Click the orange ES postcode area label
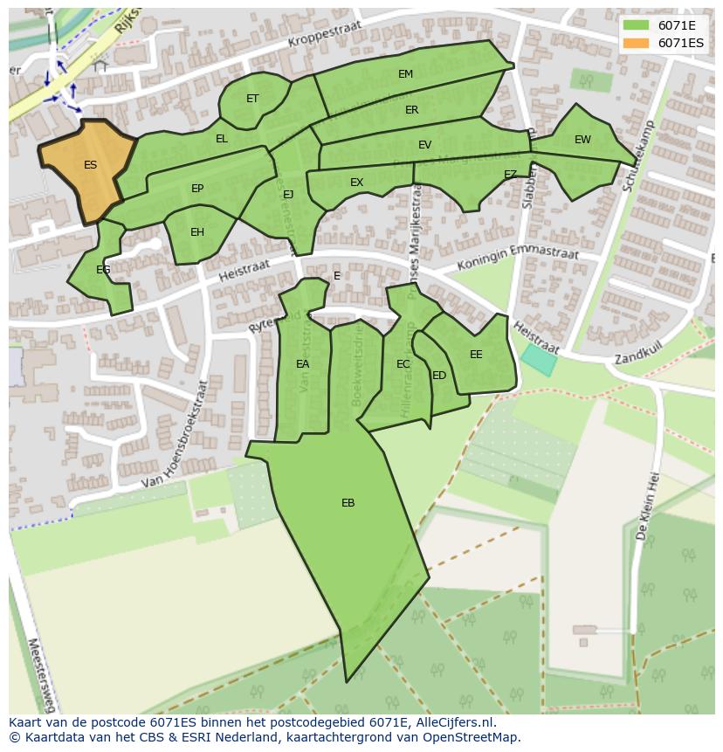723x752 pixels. coord(90,165)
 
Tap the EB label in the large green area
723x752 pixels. coord(348,503)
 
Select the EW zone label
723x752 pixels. coord(582,140)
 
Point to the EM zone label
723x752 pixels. coord(405,74)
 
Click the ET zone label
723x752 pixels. coord(252,99)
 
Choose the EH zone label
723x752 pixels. coord(197,232)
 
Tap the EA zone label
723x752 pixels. coord(302,364)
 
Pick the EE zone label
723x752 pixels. coord(476,355)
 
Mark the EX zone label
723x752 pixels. coord(356,183)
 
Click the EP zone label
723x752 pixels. coord(197,189)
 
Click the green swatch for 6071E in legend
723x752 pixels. coord(637,25)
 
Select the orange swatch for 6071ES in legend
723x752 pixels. coord(637,43)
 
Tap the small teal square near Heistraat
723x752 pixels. coord(538,360)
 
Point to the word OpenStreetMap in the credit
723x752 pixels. coord(472,737)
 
